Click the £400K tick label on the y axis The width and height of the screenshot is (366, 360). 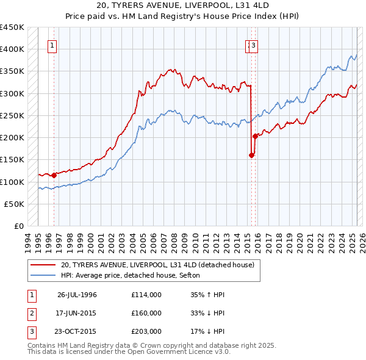click(12, 49)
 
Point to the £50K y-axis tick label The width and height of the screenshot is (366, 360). click(14, 204)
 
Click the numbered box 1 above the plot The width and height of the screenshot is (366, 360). click(52, 45)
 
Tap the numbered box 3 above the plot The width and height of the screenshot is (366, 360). click(253, 45)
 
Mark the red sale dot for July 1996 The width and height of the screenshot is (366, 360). click(54, 175)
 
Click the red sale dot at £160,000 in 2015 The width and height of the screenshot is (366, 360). click(251, 155)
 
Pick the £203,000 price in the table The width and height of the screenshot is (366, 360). click(146, 331)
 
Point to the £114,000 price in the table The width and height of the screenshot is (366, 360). click(146, 295)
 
